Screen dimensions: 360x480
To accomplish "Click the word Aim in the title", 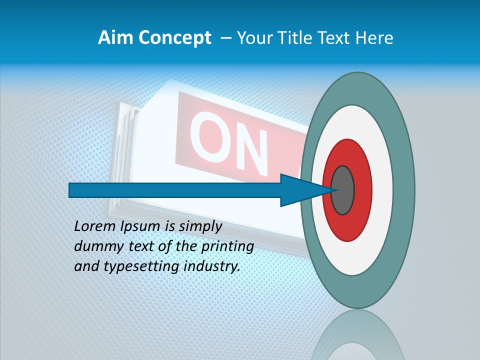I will pos(115,38).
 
